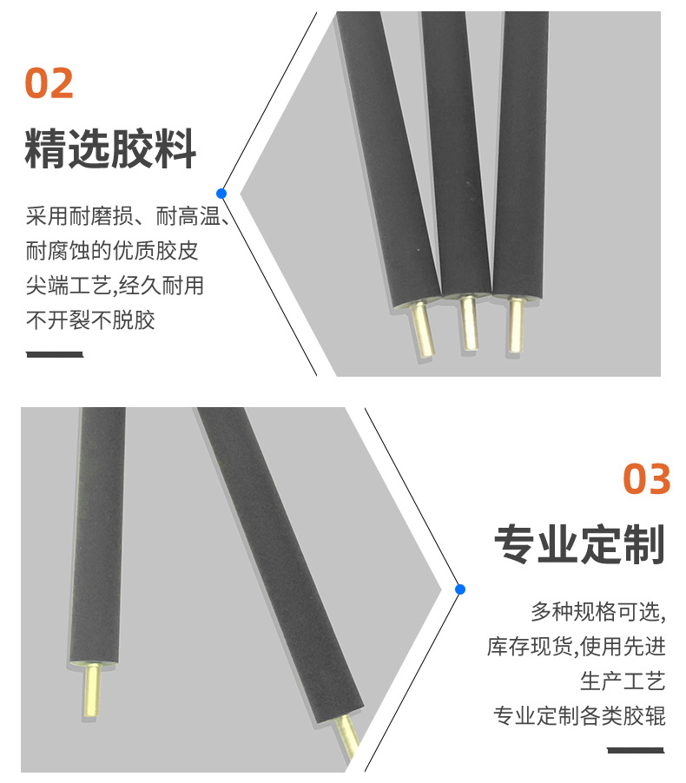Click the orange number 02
pos(49,83)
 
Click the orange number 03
pos(647,479)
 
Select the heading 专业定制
pos(579,545)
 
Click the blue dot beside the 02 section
pos(222,193)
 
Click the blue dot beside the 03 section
pos(460,589)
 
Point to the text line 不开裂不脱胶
pos(90,319)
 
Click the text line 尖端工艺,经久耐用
pos(115,286)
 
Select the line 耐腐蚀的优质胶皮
pos(112,251)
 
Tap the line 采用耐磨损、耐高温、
pos(127,216)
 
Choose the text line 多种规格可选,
pos(598,612)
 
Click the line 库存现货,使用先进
pos(577,647)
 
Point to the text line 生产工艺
pos(623,681)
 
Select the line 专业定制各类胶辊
pos(579,716)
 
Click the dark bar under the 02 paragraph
pos(55,354)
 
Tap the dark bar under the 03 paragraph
pos(636,749)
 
